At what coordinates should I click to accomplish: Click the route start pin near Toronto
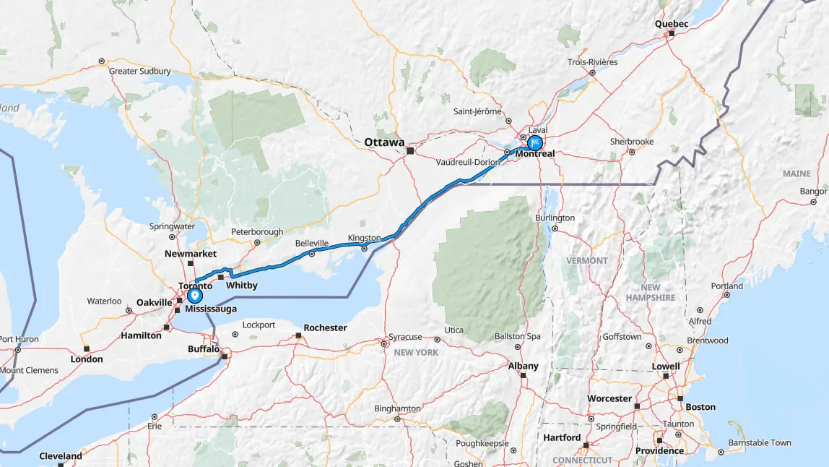(194, 296)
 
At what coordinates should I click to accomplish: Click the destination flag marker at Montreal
(535, 142)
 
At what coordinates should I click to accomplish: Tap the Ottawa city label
(384, 142)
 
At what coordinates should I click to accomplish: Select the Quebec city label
(672, 24)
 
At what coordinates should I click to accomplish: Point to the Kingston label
(363, 238)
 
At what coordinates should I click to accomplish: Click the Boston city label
(700, 407)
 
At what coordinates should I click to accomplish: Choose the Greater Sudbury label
(139, 72)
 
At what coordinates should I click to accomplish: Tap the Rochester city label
(325, 327)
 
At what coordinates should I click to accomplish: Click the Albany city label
(523, 366)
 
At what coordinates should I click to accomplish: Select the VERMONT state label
(586, 260)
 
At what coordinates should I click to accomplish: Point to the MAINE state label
(797, 174)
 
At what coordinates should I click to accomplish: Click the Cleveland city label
(61, 456)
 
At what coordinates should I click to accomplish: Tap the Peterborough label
(257, 232)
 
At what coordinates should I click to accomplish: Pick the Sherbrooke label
(631, 142)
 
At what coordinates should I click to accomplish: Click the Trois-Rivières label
(592, 62)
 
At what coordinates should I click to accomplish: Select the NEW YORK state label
(417, 352)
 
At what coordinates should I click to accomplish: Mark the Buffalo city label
(203, 348)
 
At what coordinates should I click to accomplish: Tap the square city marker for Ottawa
(410, 152)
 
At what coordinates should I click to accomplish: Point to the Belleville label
(311, 244)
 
